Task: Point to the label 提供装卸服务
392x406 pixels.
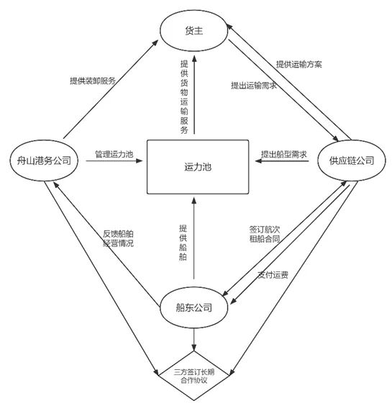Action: coord(93,81)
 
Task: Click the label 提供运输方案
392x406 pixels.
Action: coord(298,64)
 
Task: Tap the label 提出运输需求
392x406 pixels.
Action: coord(254,86)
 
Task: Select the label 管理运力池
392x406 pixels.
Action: coord(114,154)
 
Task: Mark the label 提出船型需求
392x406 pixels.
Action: coord(284,154)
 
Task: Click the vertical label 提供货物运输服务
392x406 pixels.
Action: coord(184,97)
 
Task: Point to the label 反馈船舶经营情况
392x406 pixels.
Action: coord(118,238)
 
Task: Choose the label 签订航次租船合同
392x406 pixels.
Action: coord(265,234)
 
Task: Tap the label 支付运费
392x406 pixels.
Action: coord(273,275)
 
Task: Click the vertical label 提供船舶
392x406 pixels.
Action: coord(183,243)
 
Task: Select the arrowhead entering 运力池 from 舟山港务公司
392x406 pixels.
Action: coord(140,161)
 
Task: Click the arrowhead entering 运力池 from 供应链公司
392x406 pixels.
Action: coord(259,161)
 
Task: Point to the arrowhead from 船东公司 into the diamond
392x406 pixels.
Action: coord(193,347)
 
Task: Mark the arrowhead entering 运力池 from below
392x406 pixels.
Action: coord(193,200)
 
